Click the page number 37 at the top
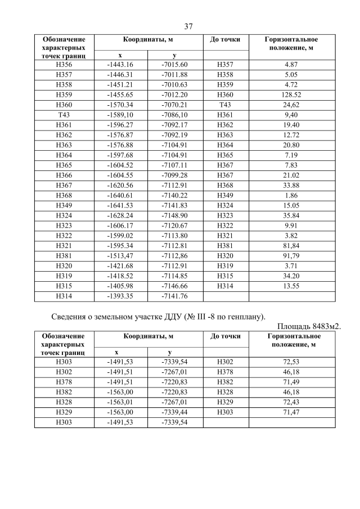[188, 26]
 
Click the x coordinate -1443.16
[120, 65]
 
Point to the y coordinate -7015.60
[174, 65]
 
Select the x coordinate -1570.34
[120, 105]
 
